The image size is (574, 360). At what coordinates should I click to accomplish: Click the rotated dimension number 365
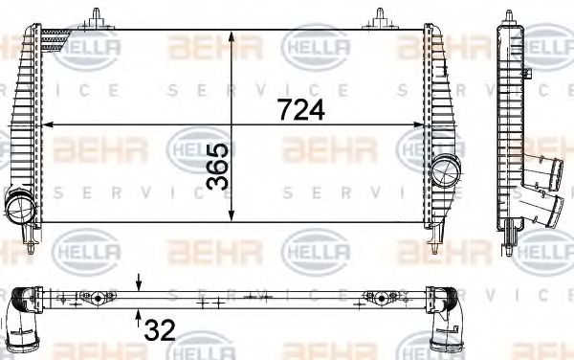pos(217,167)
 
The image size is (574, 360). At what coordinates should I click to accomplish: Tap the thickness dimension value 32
pos(161,330)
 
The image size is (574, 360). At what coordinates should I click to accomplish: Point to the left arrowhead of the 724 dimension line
pos(50,124)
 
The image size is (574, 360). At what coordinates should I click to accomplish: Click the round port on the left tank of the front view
pos(18,205)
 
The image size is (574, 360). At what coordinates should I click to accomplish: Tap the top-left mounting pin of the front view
pos(98,15)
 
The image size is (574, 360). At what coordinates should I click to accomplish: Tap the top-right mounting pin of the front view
pos(381,15)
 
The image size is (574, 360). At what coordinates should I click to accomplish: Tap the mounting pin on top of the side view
pos(507,15)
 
